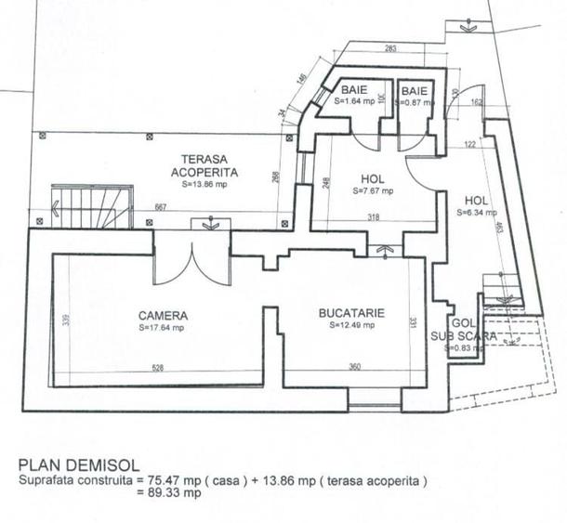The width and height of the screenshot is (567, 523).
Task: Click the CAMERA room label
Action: point(163,315)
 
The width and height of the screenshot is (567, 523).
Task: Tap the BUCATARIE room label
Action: point(350,313)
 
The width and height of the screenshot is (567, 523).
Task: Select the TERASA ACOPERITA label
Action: point(210,165)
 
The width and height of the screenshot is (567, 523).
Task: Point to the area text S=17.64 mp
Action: point(163,327)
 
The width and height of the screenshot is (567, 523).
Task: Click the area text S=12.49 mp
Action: point(351,326)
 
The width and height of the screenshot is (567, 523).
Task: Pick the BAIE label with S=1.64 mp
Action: point(354,90)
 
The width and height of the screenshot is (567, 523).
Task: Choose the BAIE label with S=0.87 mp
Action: point(415,90)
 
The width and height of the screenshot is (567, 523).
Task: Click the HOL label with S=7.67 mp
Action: point(373,179)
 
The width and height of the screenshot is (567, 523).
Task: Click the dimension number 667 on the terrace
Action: point(161,207)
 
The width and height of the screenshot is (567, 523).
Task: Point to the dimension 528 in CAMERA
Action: point(157,368)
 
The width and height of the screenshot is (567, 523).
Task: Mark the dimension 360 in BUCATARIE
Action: point(353,368)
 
